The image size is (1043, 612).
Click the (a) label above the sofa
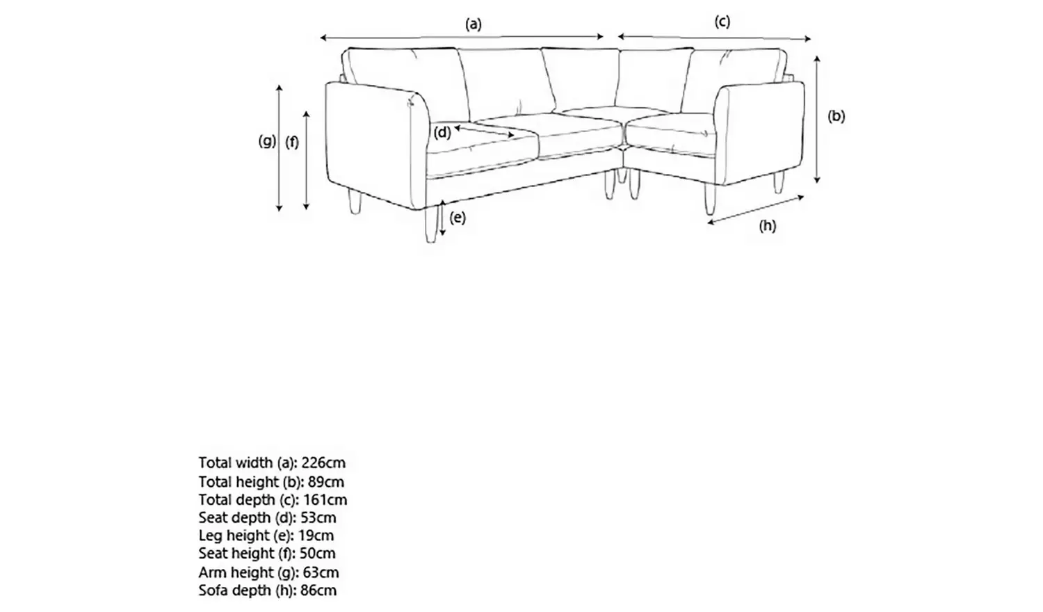tap(474, 24)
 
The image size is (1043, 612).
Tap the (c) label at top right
tap(722, 22)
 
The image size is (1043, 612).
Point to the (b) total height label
tap(836, 116)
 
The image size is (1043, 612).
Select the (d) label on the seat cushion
tap(442, 133)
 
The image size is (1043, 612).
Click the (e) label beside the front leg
tap(458, 218)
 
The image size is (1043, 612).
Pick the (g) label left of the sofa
tap(267, 140)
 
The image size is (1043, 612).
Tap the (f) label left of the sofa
tap(292, 142)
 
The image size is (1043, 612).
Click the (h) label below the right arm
tap(768, 226)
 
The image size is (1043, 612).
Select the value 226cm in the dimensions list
tap(323, 463)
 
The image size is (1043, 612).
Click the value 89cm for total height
tap(326, 481)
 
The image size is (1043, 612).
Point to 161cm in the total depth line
tap(325, 500)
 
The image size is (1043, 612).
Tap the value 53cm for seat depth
tap(318, 517)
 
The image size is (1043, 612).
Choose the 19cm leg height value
tap(316, 535)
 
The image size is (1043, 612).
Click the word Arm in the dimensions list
tap(213, 572)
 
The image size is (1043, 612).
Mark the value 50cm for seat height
tap(318, 554)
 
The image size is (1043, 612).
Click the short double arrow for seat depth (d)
tap(484, 131)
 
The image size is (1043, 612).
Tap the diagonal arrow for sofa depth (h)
tap(756, 210)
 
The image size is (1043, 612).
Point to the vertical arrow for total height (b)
tap(817, 119)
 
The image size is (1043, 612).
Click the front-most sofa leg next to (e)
tap(431, 225)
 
